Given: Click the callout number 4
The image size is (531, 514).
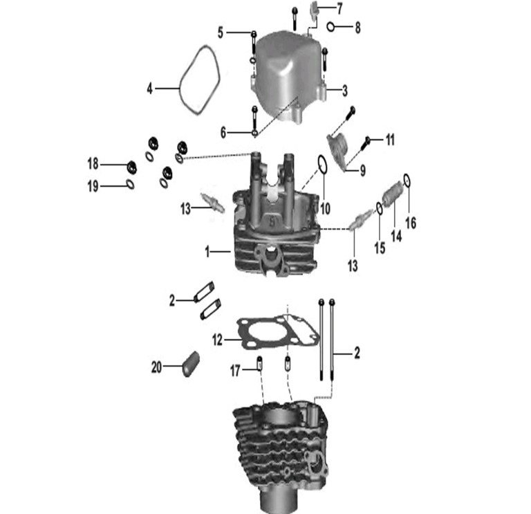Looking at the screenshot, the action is coord(149,89).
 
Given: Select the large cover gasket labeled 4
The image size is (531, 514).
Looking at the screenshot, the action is coord(180,89).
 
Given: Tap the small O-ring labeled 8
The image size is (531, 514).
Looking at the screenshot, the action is coord(331,26).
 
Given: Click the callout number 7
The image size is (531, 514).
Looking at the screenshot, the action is coord(340,8).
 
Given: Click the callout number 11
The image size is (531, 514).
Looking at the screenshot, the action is coord(390,140).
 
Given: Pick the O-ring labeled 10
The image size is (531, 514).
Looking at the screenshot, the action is coord(322,165).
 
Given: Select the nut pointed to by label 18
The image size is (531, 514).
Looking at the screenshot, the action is coord(131,167).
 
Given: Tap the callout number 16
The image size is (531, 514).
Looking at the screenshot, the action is coord(411,223).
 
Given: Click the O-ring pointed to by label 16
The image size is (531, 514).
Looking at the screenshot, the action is coord(407,181).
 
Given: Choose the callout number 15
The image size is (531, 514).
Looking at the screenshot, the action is coord(380,248).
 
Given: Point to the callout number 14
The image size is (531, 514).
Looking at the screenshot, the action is coord(396,236).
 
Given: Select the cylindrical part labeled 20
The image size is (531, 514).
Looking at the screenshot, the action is coord(191,365).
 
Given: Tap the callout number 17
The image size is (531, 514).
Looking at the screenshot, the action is coord(235,370).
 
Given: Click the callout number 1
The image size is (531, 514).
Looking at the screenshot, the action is coord(207,252).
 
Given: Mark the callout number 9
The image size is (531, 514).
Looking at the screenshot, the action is coord(363,170).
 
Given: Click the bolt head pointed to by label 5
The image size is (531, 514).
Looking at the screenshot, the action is coord(254,34).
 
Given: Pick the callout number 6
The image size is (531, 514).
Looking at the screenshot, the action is coord(223,133).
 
